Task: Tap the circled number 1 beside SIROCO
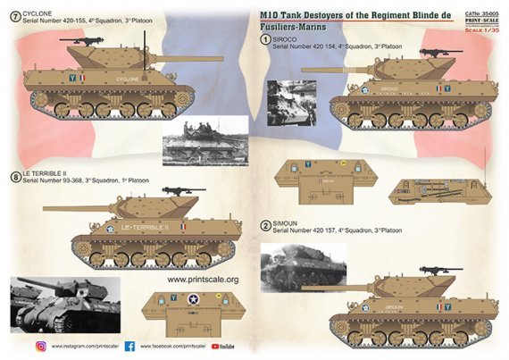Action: pyautogui.click(x=265, y=51)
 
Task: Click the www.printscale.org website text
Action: pyautogui.click(x=203, y=279)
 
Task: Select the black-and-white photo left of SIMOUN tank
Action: pyautogui.click(x=290, y=272)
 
